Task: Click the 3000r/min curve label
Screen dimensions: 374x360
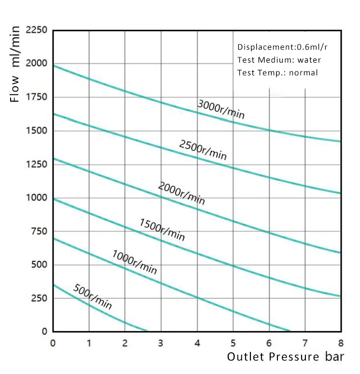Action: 221,109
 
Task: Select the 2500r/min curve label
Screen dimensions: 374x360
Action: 203,150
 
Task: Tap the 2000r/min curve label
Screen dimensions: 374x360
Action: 181,193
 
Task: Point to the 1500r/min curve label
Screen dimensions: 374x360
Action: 162,229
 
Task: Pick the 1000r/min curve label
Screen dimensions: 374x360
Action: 135,262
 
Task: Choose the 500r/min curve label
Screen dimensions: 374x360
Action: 93,296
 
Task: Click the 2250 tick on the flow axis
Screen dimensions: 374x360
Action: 37,30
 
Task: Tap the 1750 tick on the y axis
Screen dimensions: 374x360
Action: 37,97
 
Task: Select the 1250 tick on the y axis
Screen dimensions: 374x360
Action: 37,164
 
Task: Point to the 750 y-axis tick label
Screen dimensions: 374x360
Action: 39,231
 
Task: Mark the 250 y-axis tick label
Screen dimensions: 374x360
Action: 39,298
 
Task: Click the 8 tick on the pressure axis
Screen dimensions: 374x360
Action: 341,343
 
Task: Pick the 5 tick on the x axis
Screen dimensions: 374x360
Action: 233,343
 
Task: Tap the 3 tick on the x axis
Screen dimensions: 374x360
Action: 161,343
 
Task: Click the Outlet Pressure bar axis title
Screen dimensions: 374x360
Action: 285,357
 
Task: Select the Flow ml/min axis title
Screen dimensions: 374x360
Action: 16,64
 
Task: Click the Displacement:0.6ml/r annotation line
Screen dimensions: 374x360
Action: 283,47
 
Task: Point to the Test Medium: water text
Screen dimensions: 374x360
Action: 279,60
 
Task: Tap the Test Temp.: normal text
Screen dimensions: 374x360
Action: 277,73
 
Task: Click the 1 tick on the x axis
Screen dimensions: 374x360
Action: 89,343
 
